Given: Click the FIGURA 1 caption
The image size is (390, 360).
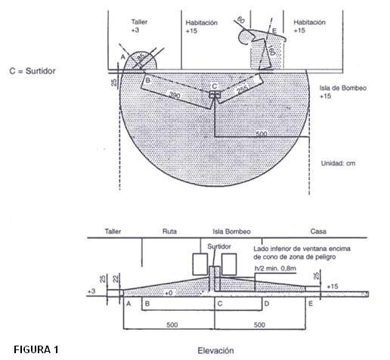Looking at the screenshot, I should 29,349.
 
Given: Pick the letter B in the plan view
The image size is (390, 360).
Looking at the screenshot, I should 147,79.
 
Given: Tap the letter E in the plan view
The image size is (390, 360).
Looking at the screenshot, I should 274,30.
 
